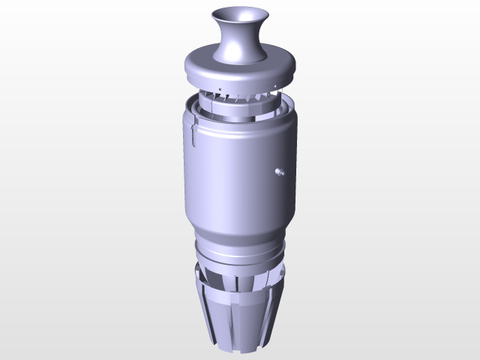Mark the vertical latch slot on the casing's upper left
click(x=193, y=135)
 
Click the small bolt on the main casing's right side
click(x=279, y=172)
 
